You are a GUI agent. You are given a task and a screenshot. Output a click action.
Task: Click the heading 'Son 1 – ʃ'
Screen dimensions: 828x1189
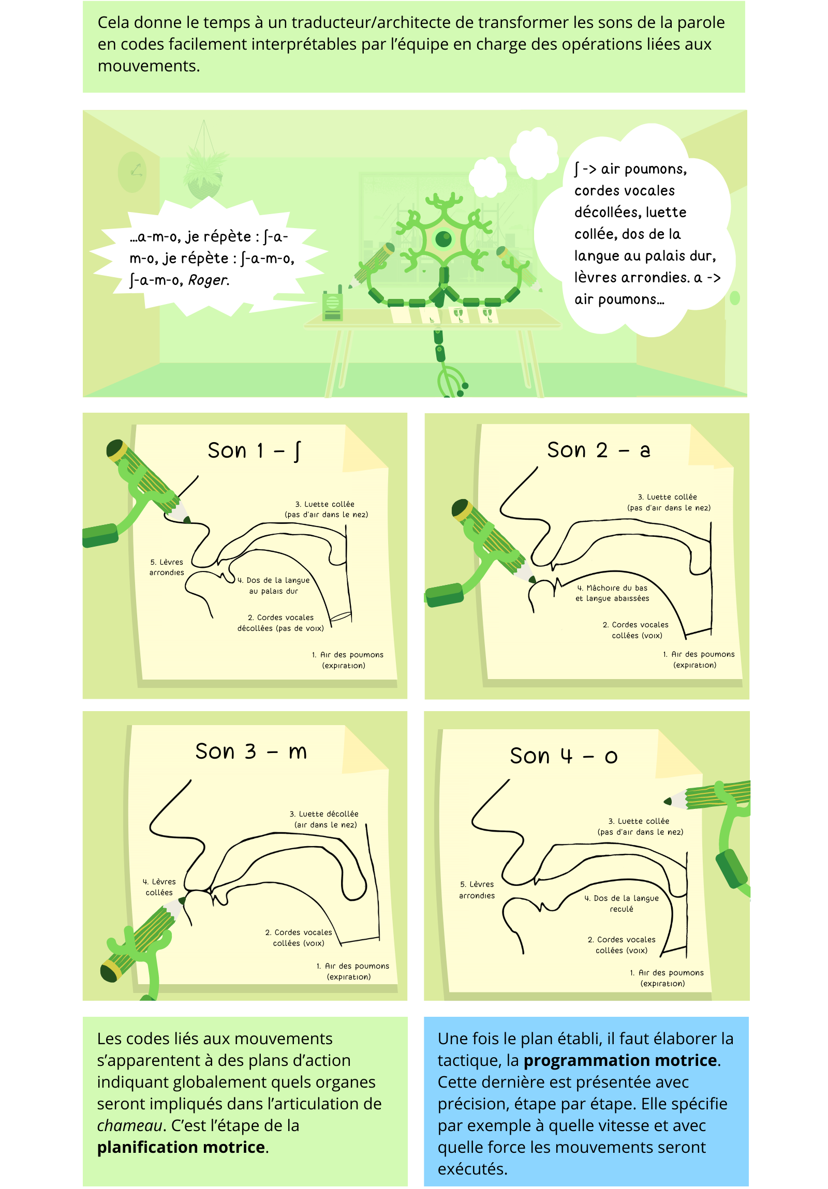point(254,450)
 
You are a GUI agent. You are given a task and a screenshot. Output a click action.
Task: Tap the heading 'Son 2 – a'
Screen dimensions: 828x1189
point(598,450)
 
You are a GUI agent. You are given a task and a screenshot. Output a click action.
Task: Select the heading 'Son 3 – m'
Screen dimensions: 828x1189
point(251,751)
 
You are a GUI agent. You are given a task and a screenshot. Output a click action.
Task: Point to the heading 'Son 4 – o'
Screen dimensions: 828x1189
point(564,756)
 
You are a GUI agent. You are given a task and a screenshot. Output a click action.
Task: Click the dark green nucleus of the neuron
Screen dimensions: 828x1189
point(443,239)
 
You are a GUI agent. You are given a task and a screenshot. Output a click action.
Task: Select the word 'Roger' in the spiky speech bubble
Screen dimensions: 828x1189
point(209,280)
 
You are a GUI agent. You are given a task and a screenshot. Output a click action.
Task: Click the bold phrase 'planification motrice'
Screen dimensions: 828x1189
point(181,1147)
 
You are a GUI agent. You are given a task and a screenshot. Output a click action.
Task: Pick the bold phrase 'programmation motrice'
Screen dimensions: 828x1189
point(619,1060)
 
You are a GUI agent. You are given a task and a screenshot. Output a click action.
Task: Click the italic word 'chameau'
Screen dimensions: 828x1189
point(129,1125)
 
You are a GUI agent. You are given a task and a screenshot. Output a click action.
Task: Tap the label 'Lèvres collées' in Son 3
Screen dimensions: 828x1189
point(159,887)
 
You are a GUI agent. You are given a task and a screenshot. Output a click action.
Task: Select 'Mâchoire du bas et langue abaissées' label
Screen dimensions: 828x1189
point(612,593)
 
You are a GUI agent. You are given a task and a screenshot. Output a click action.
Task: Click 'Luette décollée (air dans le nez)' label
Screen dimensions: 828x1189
point(324,819)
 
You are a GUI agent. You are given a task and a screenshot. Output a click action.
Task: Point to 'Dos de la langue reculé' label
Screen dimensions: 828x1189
point(622,903)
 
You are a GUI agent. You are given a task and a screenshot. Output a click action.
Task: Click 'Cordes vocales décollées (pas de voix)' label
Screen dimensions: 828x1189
point(280,623)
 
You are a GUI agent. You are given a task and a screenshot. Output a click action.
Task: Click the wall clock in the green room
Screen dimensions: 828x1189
point(132,172)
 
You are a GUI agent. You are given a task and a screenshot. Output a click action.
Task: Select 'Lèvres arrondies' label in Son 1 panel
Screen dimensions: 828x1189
point(167,567)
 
